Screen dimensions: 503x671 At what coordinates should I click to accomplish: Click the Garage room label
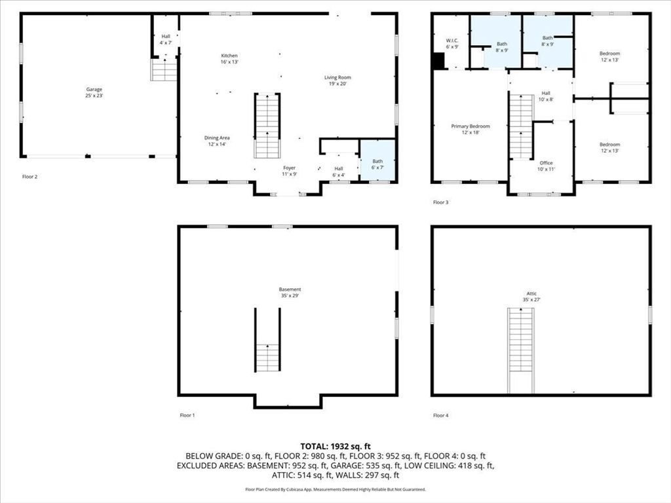pyautogui.click(x=94, y=92)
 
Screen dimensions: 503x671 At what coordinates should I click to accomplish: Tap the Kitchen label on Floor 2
pyautogui.click(x=229, y=59)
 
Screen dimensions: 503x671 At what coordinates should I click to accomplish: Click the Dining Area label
pyautogui.click(x=217, y=141)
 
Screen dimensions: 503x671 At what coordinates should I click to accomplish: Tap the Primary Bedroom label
pyautogui.click(x=470, y=129)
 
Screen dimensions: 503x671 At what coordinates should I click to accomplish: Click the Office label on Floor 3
pyautogui.click(x=546, y=166)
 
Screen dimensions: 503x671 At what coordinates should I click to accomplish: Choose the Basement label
pyautogui.click(x=290, y=292)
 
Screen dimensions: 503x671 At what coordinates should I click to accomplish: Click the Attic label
pyautogui.click(x=531, y=297)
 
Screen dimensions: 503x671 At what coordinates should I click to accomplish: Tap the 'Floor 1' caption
pyautogui.click(x=187, y=415)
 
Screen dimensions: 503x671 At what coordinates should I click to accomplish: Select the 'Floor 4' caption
pyautogui.click(x=441, y=415)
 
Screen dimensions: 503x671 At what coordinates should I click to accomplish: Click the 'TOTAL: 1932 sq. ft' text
pyautogui.click(x=335, y=445)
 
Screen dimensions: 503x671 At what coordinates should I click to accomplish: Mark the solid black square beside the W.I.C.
pyautogui.click(x=438, y=60)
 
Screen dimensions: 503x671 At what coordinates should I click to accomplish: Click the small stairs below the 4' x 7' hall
pyautogui.click(x=164, y=69)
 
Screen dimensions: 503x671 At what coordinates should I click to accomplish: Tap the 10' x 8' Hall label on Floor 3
pyautogui.click(x=546, y=96)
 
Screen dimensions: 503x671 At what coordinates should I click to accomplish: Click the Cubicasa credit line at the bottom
pyautogui.click(x=335, y=489)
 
